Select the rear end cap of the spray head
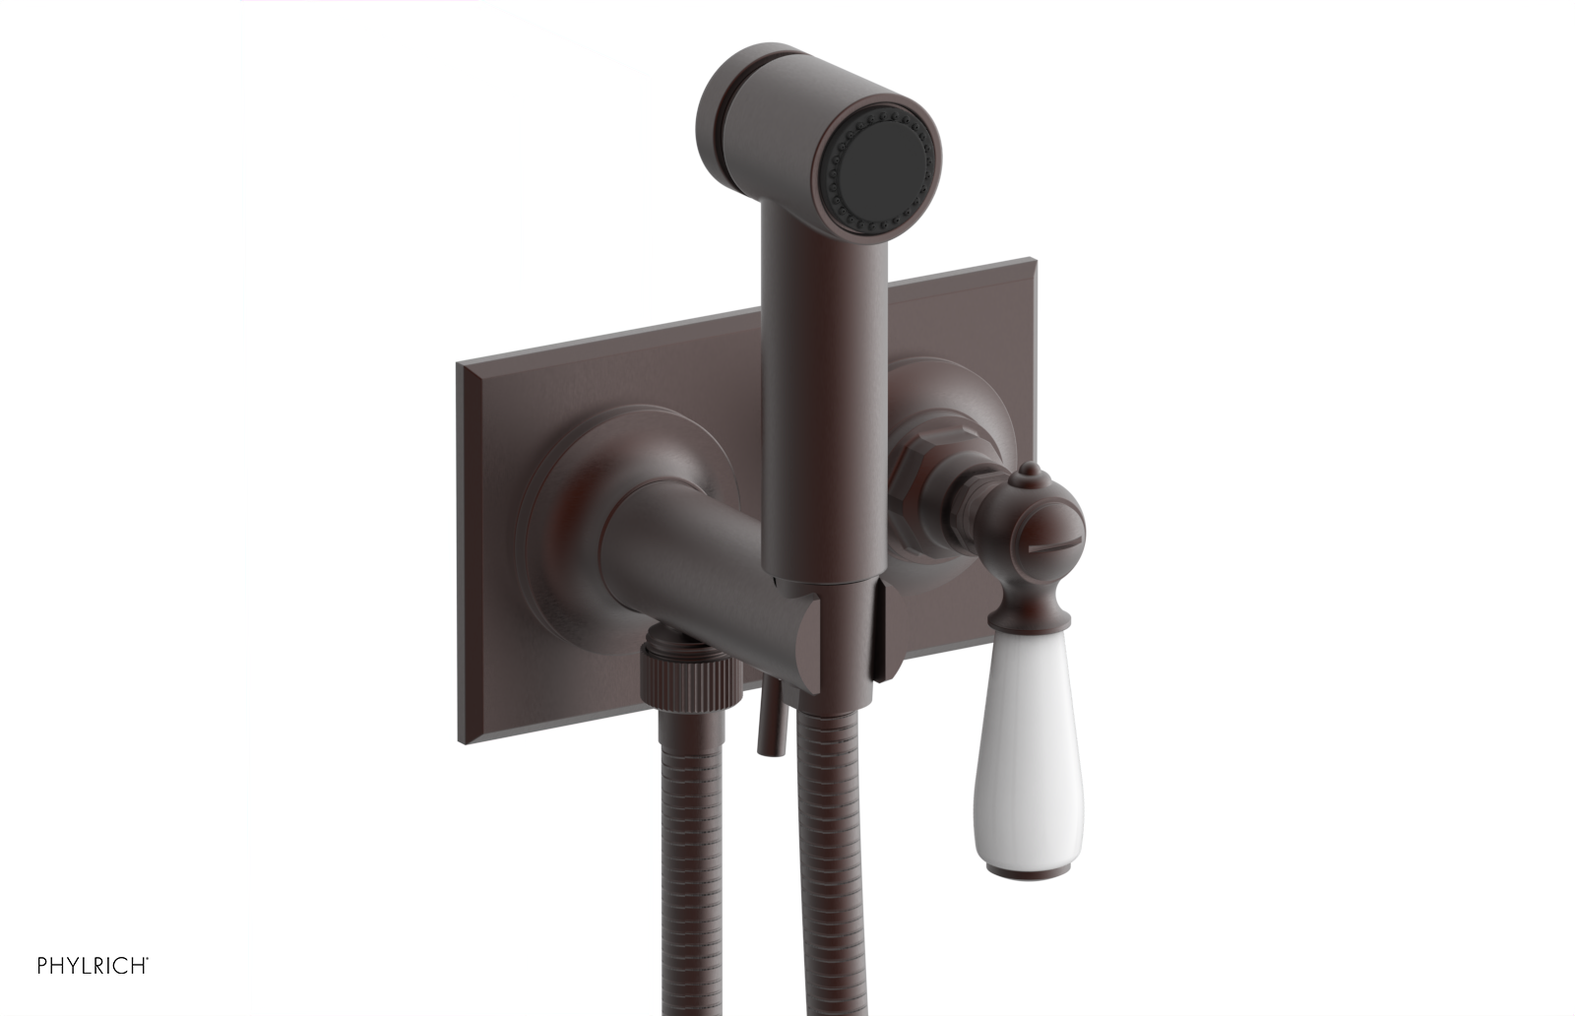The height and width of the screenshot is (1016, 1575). coord(725,108)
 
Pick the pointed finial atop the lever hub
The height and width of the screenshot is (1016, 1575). coord(1024,478)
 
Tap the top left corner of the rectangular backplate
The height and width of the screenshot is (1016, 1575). coord(460,366)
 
